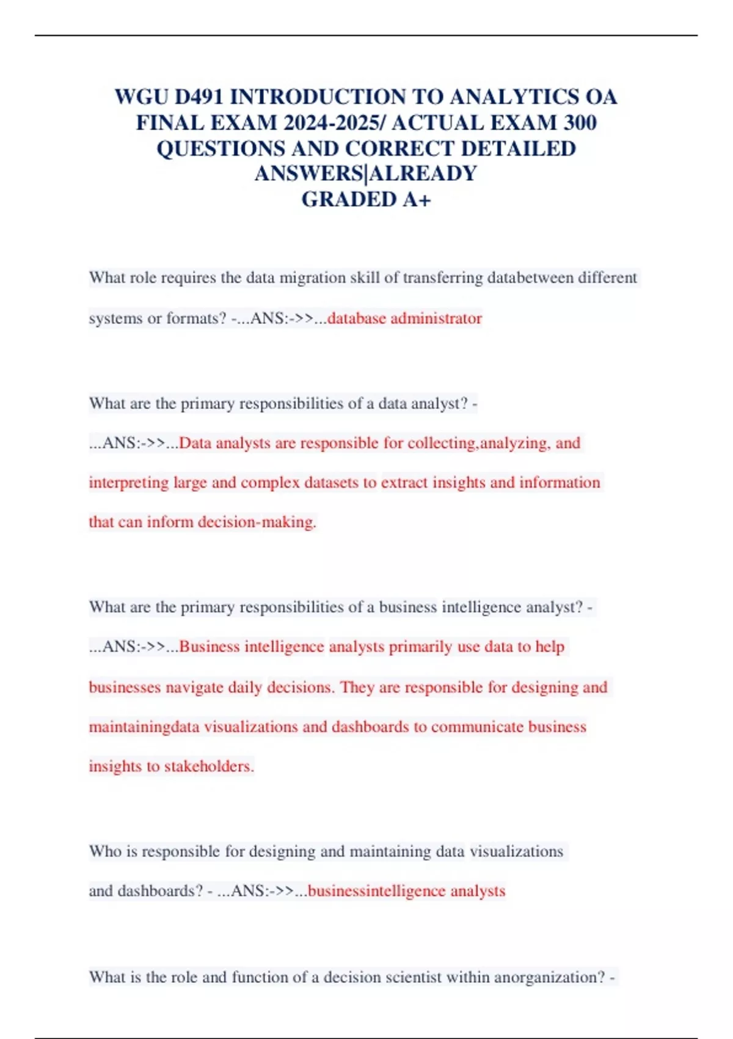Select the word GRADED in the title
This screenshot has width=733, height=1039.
349,200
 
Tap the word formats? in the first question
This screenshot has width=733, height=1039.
196,318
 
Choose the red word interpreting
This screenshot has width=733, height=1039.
128,483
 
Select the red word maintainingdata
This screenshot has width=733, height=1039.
144,727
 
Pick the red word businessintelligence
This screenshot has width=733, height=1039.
376,891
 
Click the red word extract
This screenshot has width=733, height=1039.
404,483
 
